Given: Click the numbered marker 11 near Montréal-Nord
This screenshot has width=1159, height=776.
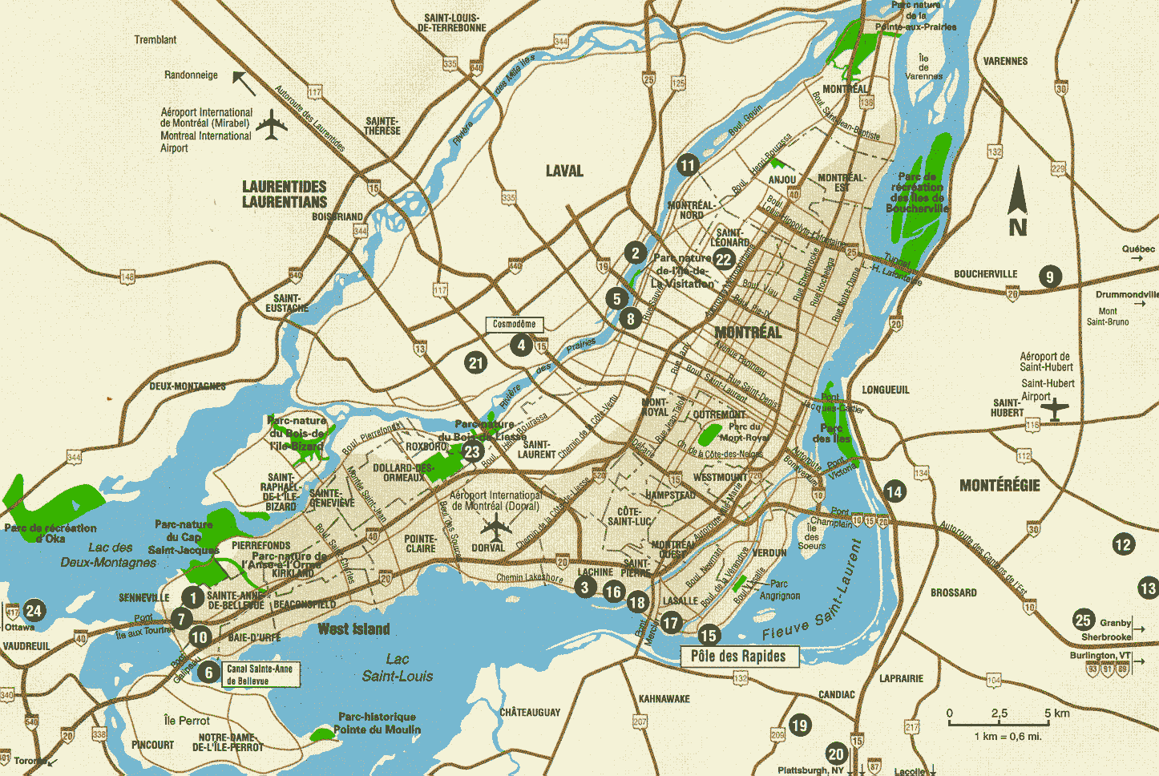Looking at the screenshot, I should click(x=688, y=165).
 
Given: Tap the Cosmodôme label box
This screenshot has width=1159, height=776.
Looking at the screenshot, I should click(x=515, y=325).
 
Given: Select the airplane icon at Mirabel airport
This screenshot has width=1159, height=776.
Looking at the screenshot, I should click(x=273, y=125).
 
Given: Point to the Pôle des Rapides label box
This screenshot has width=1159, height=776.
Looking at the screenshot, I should click(x=739, y=657).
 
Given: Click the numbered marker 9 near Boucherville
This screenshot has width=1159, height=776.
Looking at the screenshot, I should click(x=1050, y=277).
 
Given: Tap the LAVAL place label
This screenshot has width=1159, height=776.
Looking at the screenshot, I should click(x=564, y=171).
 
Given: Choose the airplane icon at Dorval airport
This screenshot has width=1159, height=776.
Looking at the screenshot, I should click(x=498, y=528).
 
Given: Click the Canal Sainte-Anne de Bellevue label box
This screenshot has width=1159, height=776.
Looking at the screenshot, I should click(x=259, y=674).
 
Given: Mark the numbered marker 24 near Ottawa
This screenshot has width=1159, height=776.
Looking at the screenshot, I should click(x=34, y=611).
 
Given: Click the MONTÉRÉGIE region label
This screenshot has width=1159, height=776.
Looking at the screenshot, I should click(x=999, y=486).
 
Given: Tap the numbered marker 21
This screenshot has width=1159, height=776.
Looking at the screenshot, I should click(x=476, y=362).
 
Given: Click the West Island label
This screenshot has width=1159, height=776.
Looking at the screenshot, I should click(x=354, y=629).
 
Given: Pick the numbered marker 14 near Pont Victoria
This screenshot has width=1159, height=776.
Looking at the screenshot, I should click(x=894, y=492).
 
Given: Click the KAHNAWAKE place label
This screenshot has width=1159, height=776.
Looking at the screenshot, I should click(x=664, y=699).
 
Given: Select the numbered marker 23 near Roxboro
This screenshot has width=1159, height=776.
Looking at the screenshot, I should click(x=472, y=451).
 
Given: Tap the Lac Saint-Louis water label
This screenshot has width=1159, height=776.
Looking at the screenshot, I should click(x=398, y=668).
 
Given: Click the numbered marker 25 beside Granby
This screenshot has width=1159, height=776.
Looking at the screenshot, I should click(x=1083, y=620).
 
